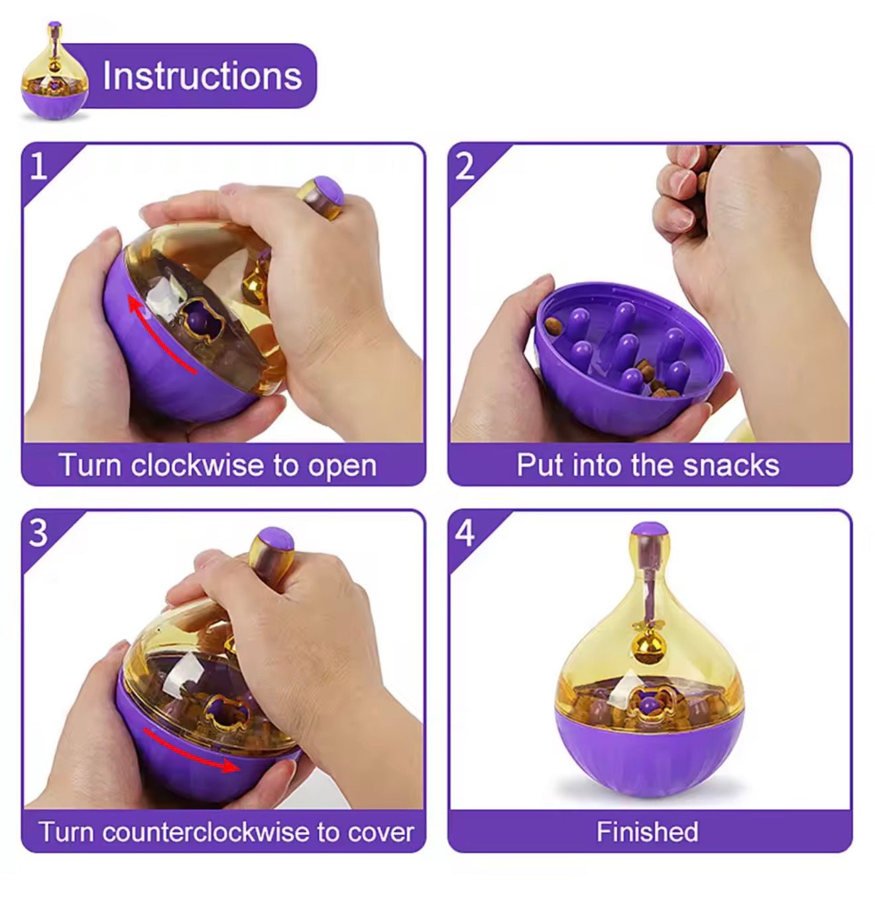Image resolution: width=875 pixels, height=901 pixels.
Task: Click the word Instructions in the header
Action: point(202,76)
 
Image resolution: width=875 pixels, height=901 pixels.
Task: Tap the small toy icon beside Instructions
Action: point(54,71)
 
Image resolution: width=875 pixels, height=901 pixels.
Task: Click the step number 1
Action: point(38,166)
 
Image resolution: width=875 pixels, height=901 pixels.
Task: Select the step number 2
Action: point(465,166)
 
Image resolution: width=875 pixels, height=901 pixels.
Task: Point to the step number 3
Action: point(38,533)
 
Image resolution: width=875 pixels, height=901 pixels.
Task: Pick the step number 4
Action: point(465,533)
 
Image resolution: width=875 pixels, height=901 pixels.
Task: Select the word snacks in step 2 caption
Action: point(731,465)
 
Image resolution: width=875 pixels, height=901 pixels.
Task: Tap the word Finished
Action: point(647,831)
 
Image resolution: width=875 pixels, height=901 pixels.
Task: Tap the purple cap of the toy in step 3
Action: point(276,539)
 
